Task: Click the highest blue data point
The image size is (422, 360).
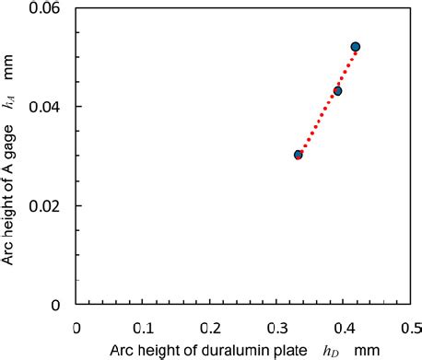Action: (x=356, y=47)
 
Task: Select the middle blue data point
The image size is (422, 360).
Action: (x=337, y=91)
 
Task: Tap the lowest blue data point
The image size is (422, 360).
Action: (x=299, y=155)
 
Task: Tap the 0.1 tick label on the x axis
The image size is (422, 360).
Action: (x=144, y=327)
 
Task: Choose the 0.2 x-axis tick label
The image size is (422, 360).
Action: (x=211, y=327)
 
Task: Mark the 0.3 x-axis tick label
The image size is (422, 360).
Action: (x=278, y=327)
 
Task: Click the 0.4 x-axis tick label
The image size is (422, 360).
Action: (x=346, y=327)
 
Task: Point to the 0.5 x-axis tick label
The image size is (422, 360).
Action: (x=412, y=327)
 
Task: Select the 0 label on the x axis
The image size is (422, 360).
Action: (x=77, y=327)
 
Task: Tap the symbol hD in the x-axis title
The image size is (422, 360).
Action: (x=330, y=351)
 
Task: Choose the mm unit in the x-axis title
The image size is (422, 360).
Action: (x=366, y=350)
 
